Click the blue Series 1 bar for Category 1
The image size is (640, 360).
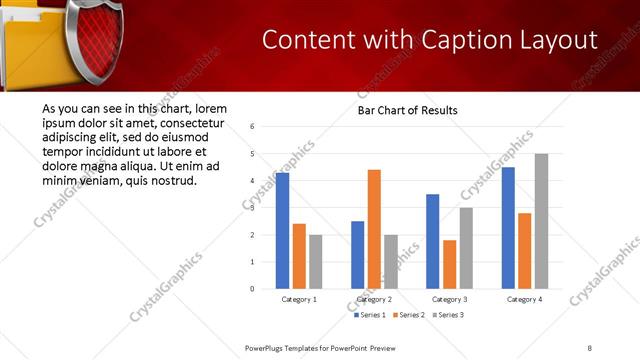[282, 231]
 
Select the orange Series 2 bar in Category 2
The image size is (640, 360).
[374, 229]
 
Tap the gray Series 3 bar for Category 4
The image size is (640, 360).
[541, 221]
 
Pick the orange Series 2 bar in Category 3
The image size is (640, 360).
[449, 264]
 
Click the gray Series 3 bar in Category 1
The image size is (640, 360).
[315, 261]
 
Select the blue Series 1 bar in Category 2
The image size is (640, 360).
[357, 255]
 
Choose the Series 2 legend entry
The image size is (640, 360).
[410, 315]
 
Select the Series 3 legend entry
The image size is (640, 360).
[448, 315]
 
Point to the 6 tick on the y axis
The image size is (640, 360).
[253, 127]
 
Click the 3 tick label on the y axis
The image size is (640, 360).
[253, 208]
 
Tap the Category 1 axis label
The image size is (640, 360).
[299, 299]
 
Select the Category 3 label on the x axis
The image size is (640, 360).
[449, 299]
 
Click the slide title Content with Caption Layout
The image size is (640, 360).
[430, 39]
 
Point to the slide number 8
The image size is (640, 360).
[590, 347]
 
